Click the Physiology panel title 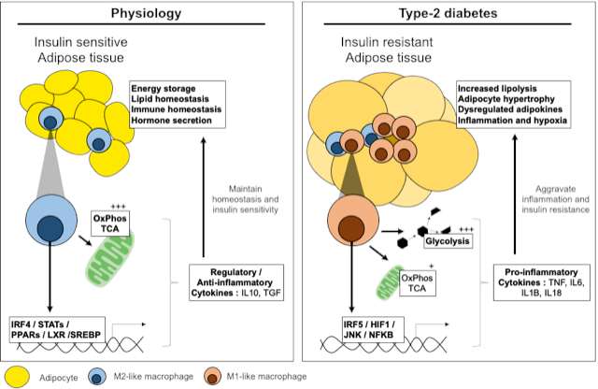click(146, 14)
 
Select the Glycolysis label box click(444, 240)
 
